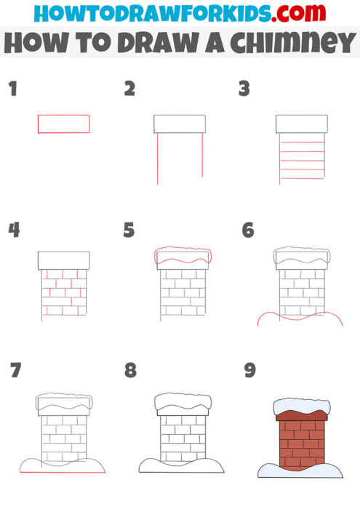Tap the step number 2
click(129, 89)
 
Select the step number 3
click(244, 89)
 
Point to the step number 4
click(13, 231)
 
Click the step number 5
click(129, 231)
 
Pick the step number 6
click(248, 231)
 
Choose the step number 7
click(15, 371)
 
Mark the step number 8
click(130, 371)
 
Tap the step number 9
click(250, 371)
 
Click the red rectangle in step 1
click(64, 124)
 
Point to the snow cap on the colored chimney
click(300, 406)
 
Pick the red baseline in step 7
click(63, 473)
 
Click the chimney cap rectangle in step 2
click(179, 124)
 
